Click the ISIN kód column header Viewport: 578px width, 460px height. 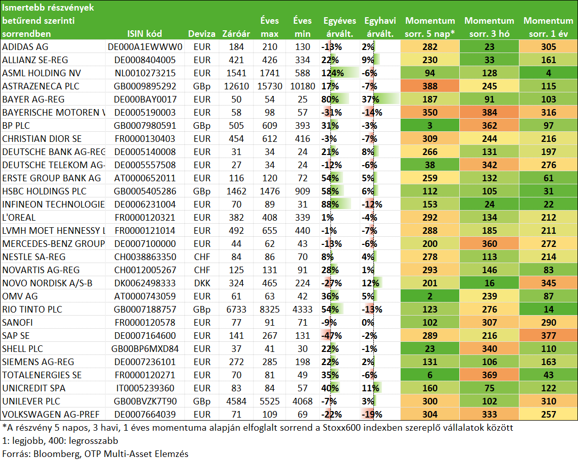144,34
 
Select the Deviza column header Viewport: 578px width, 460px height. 202,34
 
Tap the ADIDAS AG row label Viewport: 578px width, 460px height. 25,47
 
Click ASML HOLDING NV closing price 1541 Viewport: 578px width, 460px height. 236,73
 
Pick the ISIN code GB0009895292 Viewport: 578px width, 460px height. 145,86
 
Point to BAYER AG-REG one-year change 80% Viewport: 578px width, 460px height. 330,99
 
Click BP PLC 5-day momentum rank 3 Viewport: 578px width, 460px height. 430,126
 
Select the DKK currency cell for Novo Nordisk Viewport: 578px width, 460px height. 202,283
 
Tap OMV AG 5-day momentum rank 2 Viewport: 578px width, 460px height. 430,296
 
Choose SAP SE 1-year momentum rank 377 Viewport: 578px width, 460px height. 549,335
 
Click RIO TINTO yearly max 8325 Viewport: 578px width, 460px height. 269,310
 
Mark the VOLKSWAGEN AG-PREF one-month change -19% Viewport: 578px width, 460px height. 372,415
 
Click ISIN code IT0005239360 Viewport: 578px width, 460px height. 145,388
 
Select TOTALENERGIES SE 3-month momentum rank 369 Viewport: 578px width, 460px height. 489,375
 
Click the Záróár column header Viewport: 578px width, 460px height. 236,34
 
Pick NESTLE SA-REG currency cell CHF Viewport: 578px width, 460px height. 202,257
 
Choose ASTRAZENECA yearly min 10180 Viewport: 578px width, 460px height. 303,86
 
